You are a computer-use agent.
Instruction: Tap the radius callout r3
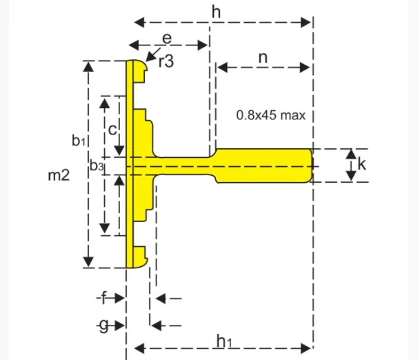(x=166, y=62)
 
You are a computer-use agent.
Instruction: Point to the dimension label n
(x=263, y=58)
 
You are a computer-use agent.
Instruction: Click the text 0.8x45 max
(x=270, y=115)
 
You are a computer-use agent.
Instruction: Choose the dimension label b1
(x=78, y=140)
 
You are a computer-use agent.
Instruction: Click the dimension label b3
(x=97, y=166)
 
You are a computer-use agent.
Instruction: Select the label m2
(x=59, y=175)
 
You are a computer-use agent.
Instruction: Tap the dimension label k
(x=362, y=165)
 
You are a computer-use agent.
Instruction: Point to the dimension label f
(x=103, y=298)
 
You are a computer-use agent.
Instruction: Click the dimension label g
(x=103, y=325)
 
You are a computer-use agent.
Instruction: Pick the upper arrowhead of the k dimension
(x=351, y=153)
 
